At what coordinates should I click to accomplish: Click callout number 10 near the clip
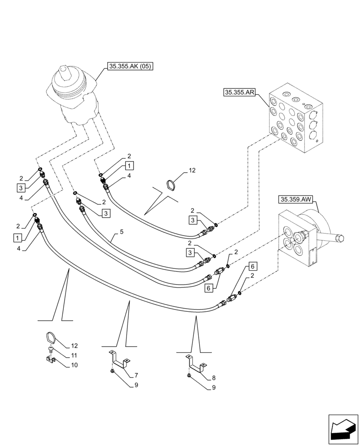[74, 365]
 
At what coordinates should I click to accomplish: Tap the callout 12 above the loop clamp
[192, 170]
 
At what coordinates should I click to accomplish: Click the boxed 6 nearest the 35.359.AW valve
[253, 266]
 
